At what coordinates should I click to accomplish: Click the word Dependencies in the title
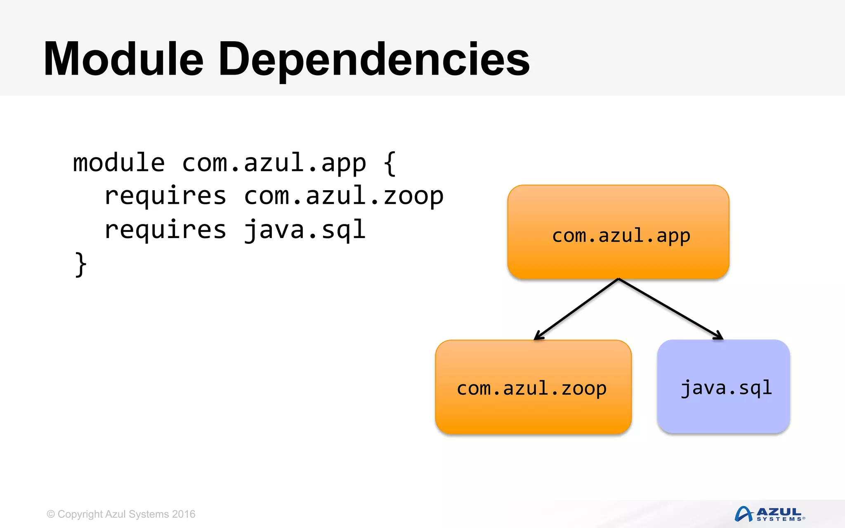pyautogui.click(x=373, y=60)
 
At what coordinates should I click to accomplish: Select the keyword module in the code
pyautogui.click(x=119, y=163)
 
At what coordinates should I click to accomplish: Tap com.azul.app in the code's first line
pyautogui.click(x=274, y=163)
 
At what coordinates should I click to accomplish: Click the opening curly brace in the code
pyautogui.click(x=389, y=163)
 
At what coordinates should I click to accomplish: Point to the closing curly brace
pyautogui.click(x=81, y=264)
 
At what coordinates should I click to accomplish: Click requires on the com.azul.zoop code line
pyautogui.click(x=165, y=196)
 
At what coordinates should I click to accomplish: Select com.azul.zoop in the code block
pyautogui.click(x=343, y=196)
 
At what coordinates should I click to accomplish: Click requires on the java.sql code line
pyautogui.click(x=165, y=230)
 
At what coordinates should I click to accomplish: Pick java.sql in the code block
pyautogui.click(x=304, y=230)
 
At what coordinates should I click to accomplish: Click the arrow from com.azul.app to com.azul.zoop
pyautogui.click(x=578, y=308)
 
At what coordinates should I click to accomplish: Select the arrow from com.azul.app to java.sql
pyautogui.click(x=668, y=307)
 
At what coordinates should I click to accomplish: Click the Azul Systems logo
pyautogui.click(x=769, y=514)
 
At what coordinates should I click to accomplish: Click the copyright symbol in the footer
pyautogui.click(x=51, y=514)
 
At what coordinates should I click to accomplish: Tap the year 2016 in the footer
pyautogui.click(x=184, y=514)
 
